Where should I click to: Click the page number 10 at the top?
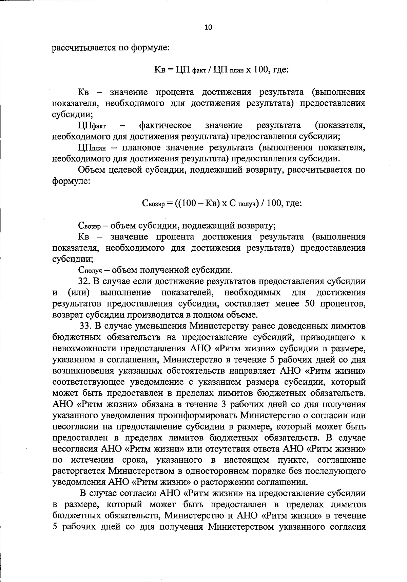(208, 28)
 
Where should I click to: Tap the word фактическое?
(165, 125)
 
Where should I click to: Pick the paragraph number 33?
(86, 326)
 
